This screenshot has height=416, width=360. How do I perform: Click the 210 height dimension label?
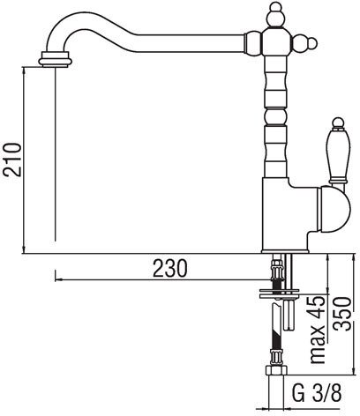[x=12, y=160]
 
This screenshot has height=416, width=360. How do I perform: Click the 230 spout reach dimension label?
[x=170, y=269]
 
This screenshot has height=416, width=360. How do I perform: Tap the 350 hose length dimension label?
[x=343, y=314]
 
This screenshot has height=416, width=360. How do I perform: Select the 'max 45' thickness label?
[x=318, y=330]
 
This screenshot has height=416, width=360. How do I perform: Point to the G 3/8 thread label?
[x=317, y=392]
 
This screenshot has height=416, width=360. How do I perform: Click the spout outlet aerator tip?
[x=55, y=59]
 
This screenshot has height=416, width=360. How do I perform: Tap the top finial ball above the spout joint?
[x=276, y=15]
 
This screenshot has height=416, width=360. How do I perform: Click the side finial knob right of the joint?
[x=305, y=44]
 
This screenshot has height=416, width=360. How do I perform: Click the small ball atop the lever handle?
[x=338, y=122]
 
